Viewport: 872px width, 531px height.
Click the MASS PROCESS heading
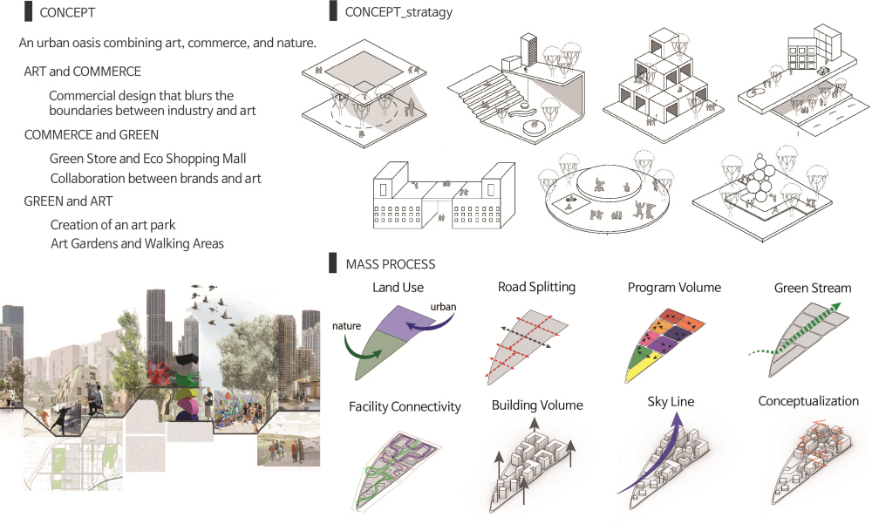pos(390,263)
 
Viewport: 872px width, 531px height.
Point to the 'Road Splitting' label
pos(536,287)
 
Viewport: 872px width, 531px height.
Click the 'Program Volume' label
pos(674,288)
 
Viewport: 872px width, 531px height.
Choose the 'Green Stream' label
pos(812,288)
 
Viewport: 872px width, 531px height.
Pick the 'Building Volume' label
pos(538,405)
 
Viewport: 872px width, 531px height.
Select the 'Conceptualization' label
pos(808,401)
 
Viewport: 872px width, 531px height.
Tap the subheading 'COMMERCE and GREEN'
pos(91,135)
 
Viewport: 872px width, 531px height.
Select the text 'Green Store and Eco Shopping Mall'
pos(147,159)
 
